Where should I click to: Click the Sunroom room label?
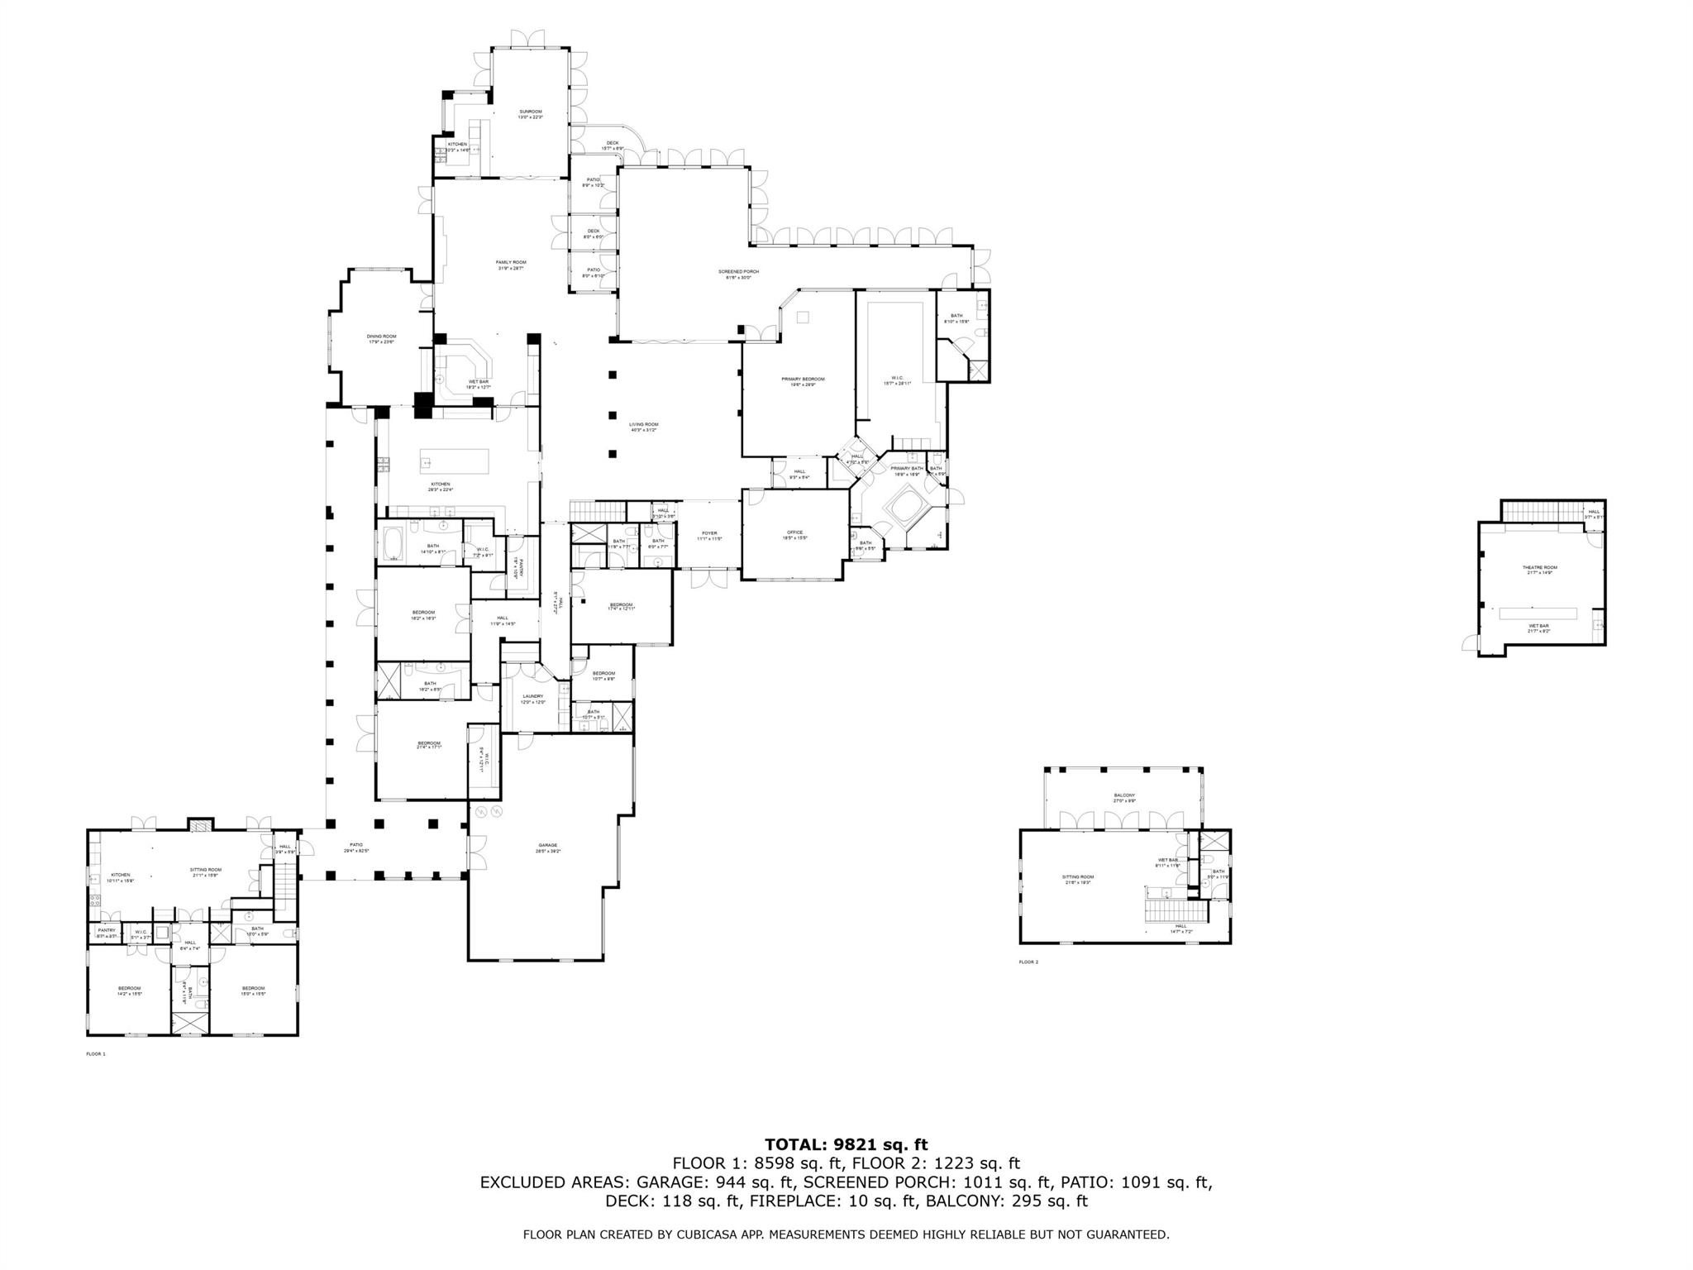530,112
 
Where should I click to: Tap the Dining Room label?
382,337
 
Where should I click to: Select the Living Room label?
643,424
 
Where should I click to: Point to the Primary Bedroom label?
803,379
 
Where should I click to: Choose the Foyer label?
709,533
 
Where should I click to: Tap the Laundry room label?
532,696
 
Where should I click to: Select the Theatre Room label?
1539,567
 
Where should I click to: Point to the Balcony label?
1124,795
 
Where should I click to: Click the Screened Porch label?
738,271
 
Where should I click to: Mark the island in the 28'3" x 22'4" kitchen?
453,459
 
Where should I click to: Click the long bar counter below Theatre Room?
1538,613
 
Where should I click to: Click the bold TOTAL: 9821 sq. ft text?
846,1144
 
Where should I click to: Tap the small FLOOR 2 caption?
1028,962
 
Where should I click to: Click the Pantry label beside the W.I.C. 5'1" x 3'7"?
107,930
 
